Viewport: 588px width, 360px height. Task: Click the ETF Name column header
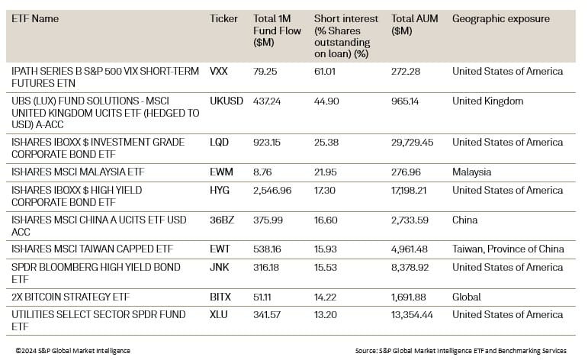pos(35,18)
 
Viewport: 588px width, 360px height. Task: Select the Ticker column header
pos(223,18)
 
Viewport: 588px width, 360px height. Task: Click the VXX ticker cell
pos(219,72)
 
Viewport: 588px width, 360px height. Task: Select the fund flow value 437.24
pos(268,101)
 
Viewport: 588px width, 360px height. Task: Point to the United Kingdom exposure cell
pos(487,101)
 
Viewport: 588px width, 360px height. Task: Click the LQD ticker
pos(219,143)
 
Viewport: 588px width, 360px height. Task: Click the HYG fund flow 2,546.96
pos(272,191)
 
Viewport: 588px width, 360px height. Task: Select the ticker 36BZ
pos(221,220)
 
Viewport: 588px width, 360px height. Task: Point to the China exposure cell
pos(464,220)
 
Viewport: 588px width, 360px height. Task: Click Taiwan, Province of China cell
pos(508,249)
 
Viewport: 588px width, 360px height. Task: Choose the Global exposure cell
pos(467,297)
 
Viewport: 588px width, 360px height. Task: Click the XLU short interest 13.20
pos(326,315)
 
